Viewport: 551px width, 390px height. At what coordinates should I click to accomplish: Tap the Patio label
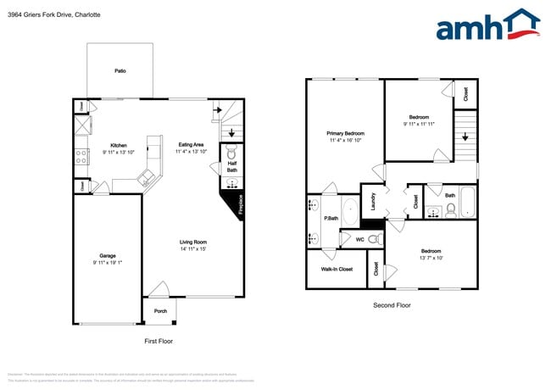point(120,71)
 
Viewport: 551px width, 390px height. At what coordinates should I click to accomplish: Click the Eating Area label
point(191,144)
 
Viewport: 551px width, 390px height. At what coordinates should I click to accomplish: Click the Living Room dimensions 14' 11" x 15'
point(193,249)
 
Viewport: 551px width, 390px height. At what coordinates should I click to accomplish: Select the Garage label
point(108,255)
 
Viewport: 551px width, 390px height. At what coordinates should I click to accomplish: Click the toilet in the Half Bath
point(232,155)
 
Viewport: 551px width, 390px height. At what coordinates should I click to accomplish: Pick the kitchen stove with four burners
point(82,156)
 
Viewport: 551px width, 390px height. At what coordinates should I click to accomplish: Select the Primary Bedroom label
point(346,134)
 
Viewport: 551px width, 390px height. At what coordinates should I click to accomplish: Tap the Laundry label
point(374,202)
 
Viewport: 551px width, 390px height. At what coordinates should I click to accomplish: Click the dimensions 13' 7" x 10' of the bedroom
point(431,258)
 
